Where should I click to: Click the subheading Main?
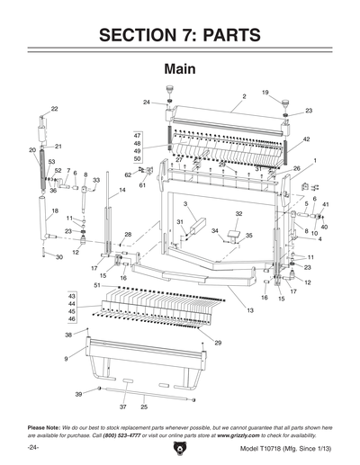tap(180, 69)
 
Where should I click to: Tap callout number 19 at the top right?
tap(265, 93)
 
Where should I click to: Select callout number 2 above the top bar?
tap(244, 96)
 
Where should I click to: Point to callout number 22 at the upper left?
tap(54, 109)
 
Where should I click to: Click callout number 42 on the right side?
tap(306, 139)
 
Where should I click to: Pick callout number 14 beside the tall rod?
tap(121, 191)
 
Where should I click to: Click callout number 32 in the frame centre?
tap(239, 214)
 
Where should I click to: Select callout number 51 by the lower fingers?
tap(97, 285)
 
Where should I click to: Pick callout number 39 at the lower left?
tap(78, 394)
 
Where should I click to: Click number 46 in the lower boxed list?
tap(72, 319)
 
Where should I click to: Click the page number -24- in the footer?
tap(33, 447)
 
